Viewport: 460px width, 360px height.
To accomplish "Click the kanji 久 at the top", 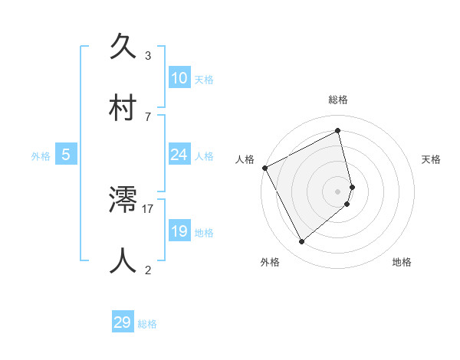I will [127, 47].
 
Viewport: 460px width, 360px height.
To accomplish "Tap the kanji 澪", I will [127, 201].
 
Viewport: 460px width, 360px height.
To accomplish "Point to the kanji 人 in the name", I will [127, 260].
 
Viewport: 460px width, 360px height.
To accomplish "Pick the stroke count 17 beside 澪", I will [149, 208].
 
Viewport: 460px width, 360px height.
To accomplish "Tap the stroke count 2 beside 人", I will [148, 269].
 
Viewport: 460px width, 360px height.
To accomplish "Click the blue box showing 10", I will [179, 78].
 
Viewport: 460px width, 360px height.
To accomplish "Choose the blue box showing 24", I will [179, 155].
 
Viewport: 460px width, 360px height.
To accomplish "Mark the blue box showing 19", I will [179, 231].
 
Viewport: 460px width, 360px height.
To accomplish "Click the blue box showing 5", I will [66, 155].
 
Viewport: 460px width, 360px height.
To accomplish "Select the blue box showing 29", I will [123, 322].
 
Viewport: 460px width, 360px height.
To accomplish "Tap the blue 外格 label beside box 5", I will [41, 156].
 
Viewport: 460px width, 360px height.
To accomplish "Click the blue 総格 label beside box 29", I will [147, 324].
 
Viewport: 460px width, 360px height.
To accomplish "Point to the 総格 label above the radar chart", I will [338, 100].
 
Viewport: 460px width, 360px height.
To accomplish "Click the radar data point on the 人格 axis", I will [264, 168].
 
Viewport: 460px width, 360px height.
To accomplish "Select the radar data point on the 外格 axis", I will [301, 242].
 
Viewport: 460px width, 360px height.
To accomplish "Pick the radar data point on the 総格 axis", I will [338, 131].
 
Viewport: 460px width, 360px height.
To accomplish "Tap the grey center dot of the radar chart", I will [338, 191].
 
